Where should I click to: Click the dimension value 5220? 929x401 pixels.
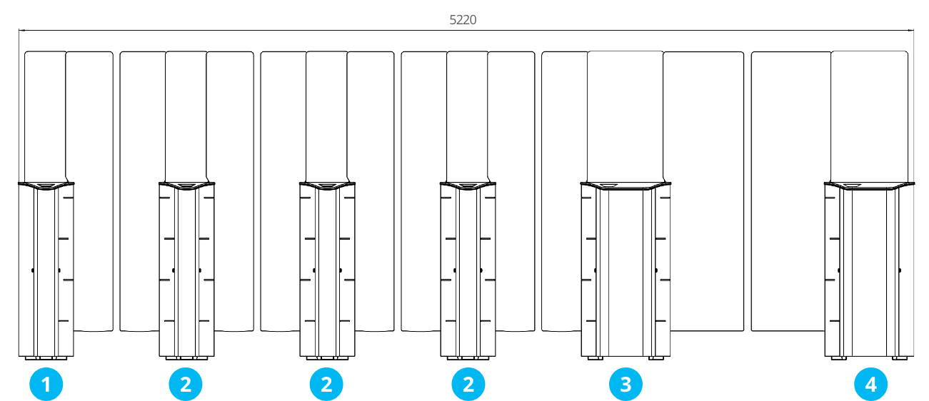[463, 19]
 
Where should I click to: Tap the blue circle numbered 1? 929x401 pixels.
[46, 384]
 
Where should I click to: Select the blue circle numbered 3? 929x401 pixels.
[626, 384]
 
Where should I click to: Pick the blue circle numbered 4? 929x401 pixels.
[870, 384]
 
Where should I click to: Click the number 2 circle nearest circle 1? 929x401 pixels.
[186, 384]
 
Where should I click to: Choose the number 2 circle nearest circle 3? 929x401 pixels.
[468, 384]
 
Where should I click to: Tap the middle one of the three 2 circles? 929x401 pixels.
[326, 384]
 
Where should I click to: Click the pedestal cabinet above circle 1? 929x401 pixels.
[46, 271]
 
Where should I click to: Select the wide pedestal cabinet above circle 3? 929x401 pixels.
[626, 271]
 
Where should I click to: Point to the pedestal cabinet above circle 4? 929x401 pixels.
[869, 271]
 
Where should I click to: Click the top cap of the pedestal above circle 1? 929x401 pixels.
[46, 186]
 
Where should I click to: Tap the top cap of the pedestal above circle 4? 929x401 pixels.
[869, 186]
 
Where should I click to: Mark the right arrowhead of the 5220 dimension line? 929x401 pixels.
[913, 30]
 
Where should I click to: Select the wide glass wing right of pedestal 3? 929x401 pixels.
[703, 191]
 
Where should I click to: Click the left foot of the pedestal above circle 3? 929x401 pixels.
[595, 358]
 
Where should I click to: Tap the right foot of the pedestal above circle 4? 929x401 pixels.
[900, 358]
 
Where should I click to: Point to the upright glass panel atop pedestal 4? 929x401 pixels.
[869, 117]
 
